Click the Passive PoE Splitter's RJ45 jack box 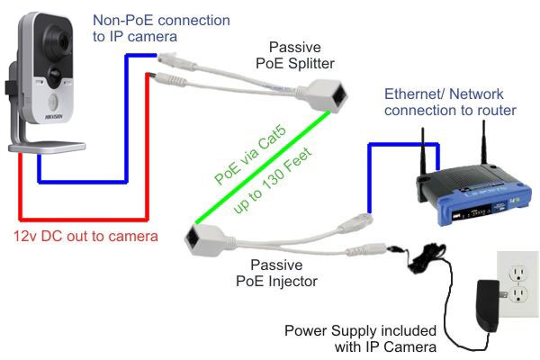click(x=329, y=94)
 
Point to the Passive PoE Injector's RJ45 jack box click(x=200, y=238)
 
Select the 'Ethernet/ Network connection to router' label click(x=450, y=101)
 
